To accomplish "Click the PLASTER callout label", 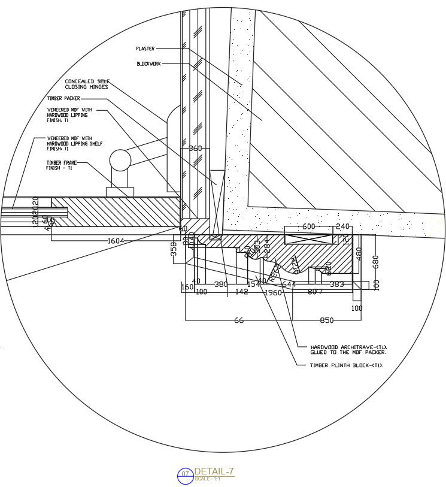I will (x=145, y=49).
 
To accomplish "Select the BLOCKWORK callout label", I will (x=148, y=63).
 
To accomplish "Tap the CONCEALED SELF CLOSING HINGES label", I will (x=87, y=84).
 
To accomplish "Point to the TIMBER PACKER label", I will (x=63, y=98).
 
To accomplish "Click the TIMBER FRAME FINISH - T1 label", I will (x=61, y=165).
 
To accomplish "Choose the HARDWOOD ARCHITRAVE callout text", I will (x=348, y=350).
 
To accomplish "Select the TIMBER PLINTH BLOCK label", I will (x=345, y=365).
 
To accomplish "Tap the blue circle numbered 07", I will (x=186, y=476).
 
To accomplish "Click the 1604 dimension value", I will (x=116, y=241).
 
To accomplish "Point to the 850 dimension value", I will (x=326, y=320).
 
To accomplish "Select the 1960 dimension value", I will (x=272, y=293).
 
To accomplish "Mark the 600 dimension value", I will (x=308, y=226).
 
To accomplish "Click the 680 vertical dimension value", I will (x=376, y=262).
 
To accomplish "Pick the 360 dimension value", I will (x=196, y=148).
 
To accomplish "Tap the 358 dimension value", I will (x=174, y=249).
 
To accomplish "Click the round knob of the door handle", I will (x=120, y=161).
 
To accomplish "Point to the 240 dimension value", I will (x=342, y=226).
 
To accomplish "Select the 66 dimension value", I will (x=239, y=320).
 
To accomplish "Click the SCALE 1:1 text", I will (x=207, y=479).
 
